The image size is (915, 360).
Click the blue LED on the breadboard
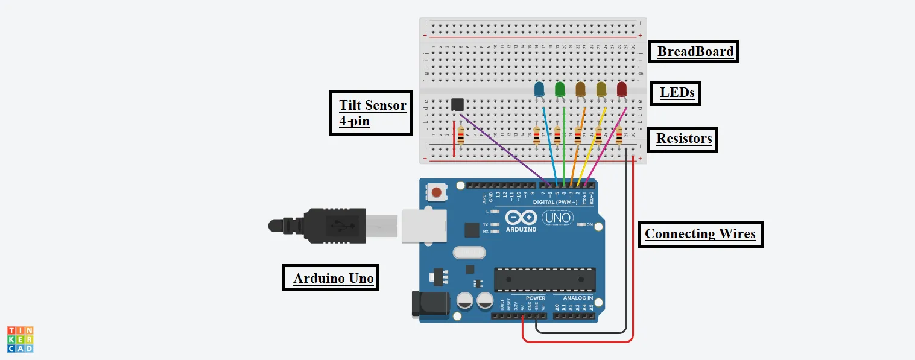(x=539, y=90)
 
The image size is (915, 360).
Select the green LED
(x=560, y=89)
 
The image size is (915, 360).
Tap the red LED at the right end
(x=622, y=89)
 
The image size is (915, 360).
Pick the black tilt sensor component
(x=458, y=105)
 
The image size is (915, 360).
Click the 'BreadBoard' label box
(x=695, y=52)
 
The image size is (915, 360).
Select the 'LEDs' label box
(x=677, y=93)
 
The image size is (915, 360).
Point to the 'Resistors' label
(x=684, y=139)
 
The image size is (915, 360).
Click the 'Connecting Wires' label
(x=700, y=233)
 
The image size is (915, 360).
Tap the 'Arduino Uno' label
(x=331, y=278)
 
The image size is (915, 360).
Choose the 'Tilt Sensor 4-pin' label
(x=371, y=113)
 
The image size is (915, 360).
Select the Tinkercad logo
(x=20, y=339)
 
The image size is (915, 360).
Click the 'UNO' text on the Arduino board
(x=557, y=218)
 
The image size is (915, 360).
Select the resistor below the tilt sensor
(x=461, y=137)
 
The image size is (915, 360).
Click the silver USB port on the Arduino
(x=422, y=226)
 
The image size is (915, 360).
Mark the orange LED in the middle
(x=580, y=89)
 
